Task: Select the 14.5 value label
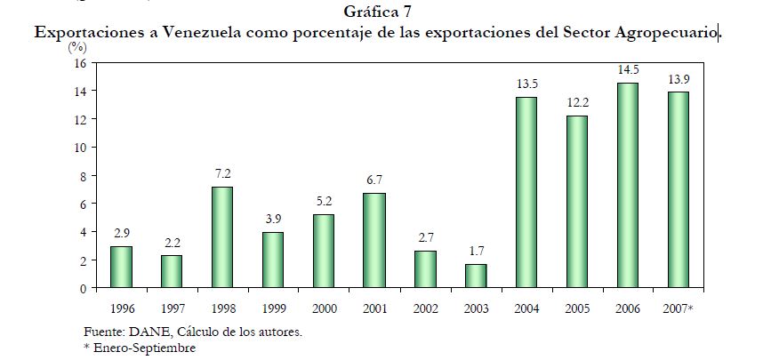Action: (628, 70)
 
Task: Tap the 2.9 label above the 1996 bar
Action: (122, 234)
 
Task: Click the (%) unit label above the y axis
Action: (76, 49)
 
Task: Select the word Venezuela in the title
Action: (189, 32)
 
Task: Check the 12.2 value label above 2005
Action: (576, 103)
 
